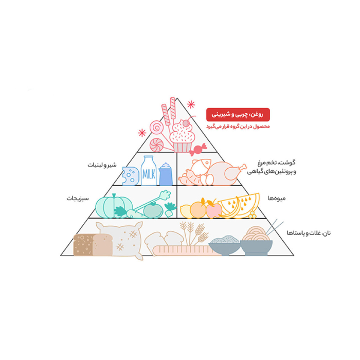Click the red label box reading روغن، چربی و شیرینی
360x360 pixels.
238,115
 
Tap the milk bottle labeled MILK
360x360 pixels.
149,171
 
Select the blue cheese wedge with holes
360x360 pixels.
131,176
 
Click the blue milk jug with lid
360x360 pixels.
166,174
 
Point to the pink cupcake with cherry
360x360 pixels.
182,136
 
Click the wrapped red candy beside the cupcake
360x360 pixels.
198,149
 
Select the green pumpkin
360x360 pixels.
114,206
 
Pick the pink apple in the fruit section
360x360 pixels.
213,209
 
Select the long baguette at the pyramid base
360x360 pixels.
186,250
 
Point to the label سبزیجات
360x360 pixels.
78,198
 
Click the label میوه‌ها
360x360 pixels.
277,198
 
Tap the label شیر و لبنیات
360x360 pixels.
102,165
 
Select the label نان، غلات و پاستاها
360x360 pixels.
309,233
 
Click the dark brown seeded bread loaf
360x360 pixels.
83,245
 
